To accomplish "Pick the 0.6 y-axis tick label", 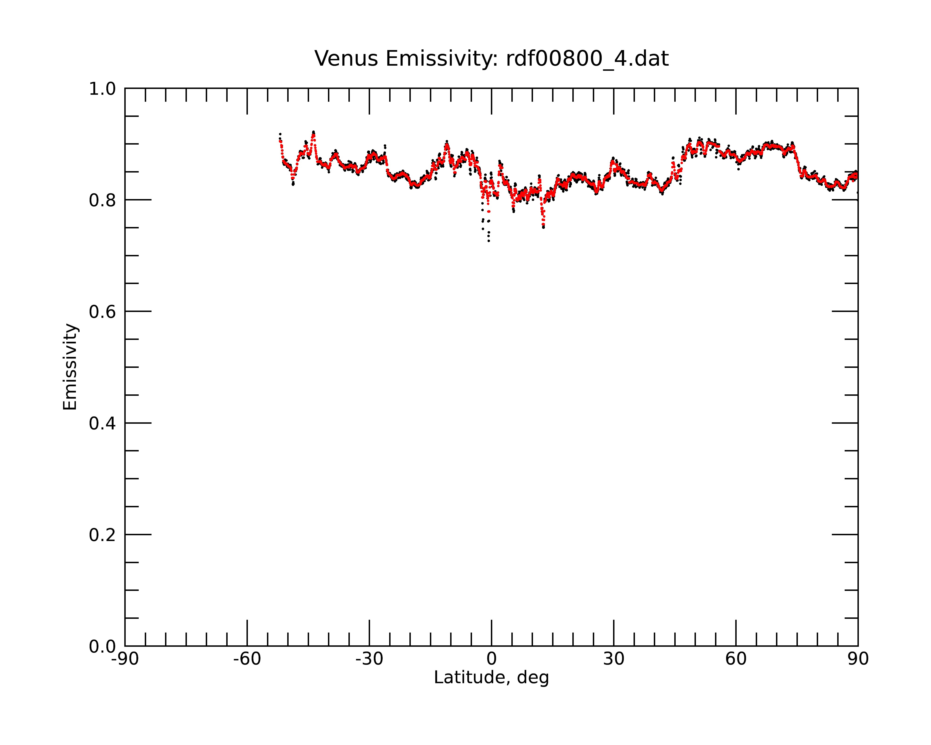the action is click(x=102, y=312).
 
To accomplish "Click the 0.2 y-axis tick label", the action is click(x=102, y=535).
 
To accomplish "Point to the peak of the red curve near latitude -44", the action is click(x=314, y=134).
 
